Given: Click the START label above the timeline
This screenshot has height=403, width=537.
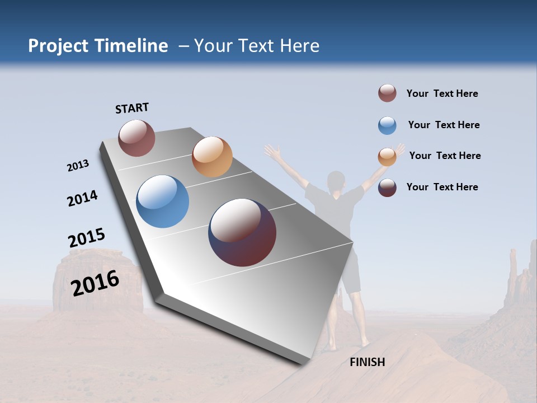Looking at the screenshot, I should (132, 108).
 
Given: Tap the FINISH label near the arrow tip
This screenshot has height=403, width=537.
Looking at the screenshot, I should (367, 362).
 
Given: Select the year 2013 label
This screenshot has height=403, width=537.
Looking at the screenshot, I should (78, 166).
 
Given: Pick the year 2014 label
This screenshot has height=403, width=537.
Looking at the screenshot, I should (82, 198).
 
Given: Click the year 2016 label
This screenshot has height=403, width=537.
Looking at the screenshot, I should (95, 283).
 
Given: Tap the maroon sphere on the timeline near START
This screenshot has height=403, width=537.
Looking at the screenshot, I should (136, 138).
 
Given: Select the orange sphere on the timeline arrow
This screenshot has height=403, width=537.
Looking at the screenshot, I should (211, 156).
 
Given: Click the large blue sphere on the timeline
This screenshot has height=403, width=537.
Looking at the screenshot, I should (162, 201).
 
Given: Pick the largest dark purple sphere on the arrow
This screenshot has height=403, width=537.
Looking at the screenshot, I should (242, 232).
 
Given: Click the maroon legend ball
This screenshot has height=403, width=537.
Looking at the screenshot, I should (387, 93).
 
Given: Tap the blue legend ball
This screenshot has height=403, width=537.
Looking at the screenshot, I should (387, 125).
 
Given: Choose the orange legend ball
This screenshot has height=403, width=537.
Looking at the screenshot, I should (387, 157).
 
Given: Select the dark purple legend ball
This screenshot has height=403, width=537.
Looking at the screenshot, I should (387, 188).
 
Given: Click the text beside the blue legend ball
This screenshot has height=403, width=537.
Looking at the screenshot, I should (444, 125).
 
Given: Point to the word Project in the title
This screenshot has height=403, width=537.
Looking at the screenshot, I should (58, 46).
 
